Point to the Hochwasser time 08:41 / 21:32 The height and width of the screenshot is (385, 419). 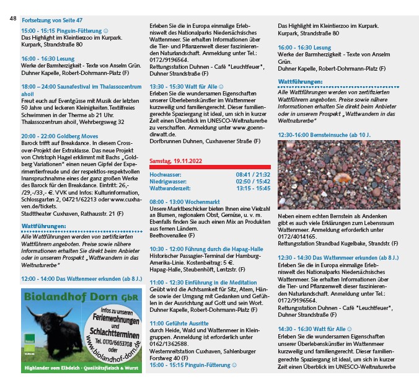253,175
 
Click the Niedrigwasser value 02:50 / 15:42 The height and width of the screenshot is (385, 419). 253,181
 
